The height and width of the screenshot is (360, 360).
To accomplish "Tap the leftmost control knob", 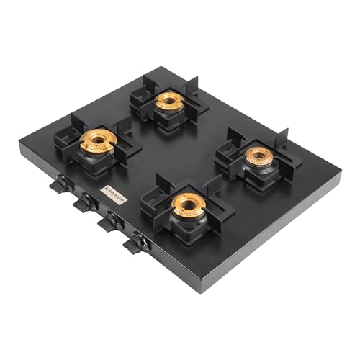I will point(61,185).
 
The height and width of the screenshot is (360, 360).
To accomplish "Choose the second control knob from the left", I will point(86,203).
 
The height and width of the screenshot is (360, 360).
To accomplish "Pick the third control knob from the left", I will point(110,222).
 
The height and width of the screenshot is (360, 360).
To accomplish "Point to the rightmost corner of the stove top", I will point(340,175).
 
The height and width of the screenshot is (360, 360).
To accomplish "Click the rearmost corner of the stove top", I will point(167,68).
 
